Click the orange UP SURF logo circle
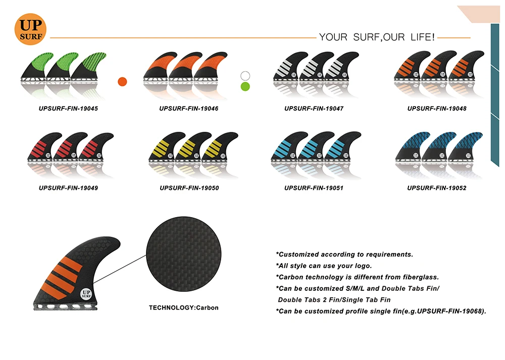click(x=31, y=28)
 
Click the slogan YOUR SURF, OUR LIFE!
click(x=377, y=37)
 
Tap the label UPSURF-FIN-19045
click(x=68, y=109)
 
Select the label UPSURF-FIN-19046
click(x=189, y=109)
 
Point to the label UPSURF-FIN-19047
click(x=314, y=109)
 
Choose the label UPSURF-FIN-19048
click(x=437, y=109)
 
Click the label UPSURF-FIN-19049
click(x=68, y=188)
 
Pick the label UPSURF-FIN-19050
click(x=189, y=188)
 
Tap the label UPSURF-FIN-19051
click(x=314, y=188)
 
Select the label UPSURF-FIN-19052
click(x=437, y=188)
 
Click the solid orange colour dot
click(x=122, y=81)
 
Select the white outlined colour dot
click(x=245, y=76)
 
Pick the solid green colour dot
click(x=245, y=86)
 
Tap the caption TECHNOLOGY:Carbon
click(x=184, y=307)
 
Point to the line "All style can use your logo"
click(x=324, y=266)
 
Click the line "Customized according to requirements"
click(x=344, y=254)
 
